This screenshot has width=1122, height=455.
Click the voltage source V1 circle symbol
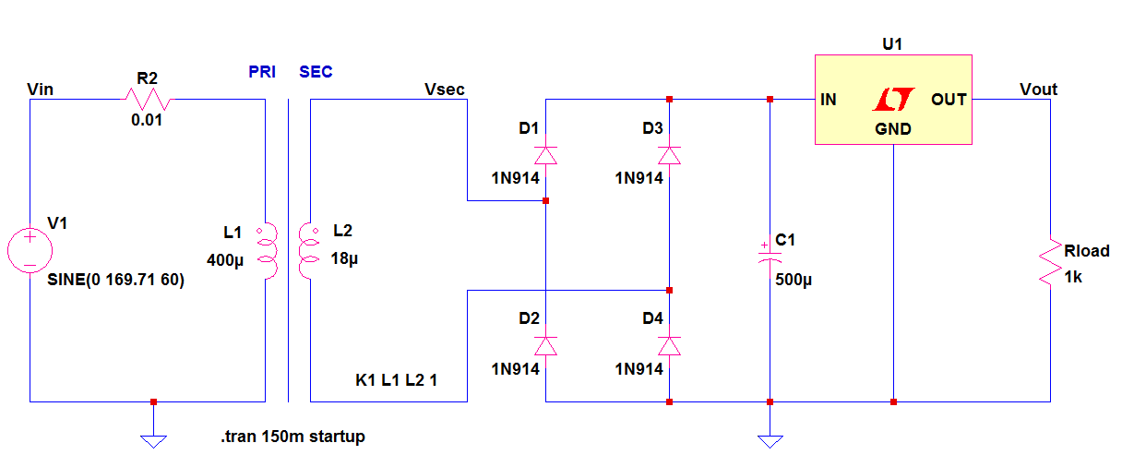[30, 251]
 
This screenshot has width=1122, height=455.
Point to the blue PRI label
[262, 72]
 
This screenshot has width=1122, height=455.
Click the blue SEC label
[316, 72]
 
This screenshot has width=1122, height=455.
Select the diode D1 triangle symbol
[546, 155]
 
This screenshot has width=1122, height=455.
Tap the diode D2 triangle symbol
[546, 346]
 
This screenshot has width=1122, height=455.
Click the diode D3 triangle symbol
[671, 155]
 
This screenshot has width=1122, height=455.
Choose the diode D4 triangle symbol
[671, 346]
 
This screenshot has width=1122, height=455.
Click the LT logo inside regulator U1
[892, 99]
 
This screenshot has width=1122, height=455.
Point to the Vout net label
[1038, 90]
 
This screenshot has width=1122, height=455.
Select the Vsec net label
[444, 90]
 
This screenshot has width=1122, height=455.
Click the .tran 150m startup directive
[292, 437]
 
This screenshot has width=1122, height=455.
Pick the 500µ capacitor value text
[794, 279]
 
